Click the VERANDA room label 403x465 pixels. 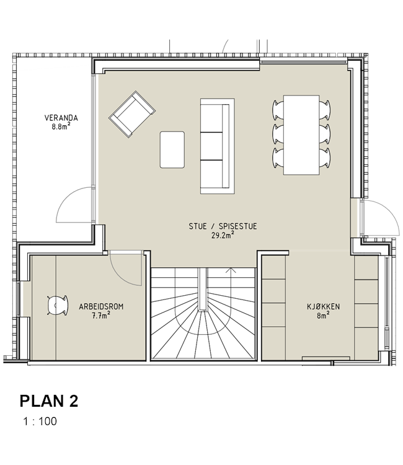61,118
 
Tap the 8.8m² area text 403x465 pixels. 61,126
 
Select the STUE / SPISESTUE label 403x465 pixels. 223,226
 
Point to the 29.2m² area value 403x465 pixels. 223,235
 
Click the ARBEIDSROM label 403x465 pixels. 101,307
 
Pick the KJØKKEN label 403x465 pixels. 323,307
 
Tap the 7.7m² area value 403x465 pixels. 101,316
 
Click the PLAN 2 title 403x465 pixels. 49,401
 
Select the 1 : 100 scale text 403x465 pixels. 40,422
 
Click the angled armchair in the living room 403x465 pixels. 132,114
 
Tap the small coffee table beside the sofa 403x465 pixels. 172,150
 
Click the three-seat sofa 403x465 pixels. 218,146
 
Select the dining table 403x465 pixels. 301,135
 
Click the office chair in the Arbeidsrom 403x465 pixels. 58,305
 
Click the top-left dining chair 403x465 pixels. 278,110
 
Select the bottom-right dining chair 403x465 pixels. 325,157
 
